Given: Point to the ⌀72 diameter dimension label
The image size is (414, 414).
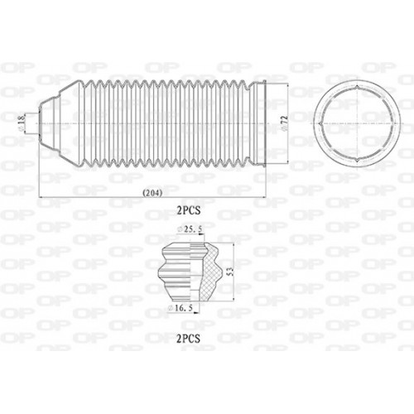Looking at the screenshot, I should [283, 122].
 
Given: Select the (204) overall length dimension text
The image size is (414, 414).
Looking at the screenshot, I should [152, 194].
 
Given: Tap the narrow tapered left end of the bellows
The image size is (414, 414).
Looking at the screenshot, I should [48, 122].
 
